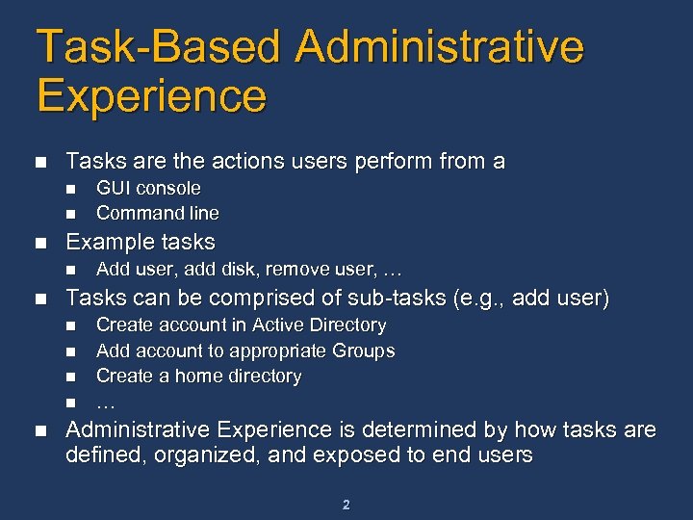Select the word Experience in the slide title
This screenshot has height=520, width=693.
pyautogui.click(x=151, y=96)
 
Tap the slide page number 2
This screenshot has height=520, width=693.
pyautogui.click(x=346, y=504)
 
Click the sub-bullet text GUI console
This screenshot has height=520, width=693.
pyautogui.click(x=148, y=188)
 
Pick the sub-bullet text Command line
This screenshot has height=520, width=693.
pyautogui.click(x=158, y=213)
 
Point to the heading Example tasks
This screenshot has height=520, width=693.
pyautogui.click(x=140, y=242)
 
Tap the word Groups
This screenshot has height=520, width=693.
pyautogui.click(x=365, y=351)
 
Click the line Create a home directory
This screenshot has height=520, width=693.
pyautogui.click(x=199, y=376)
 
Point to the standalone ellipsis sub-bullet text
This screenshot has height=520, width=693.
pyautogui.click(x=106, y=402)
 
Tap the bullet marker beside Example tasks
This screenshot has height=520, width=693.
pyautogui.click(x=39, y=243)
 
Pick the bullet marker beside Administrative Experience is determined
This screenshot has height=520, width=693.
pyautogui.click(x=39, y=430)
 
